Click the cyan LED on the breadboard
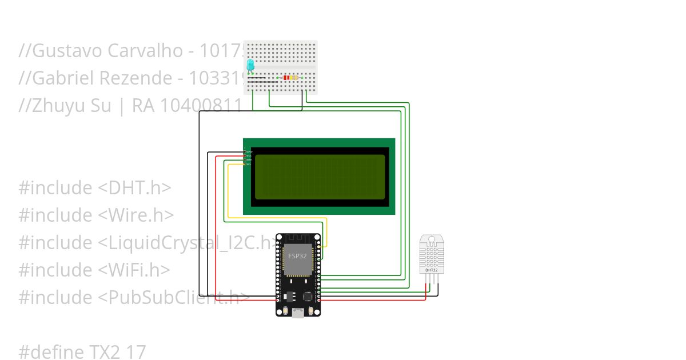250,66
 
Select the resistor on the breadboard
290,78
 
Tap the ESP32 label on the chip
297,256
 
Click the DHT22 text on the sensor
432,270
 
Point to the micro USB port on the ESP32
298,313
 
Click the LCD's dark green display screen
320,177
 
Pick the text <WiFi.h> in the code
134,270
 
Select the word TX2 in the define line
104,352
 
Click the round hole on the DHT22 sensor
432,238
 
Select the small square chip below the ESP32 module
308,297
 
